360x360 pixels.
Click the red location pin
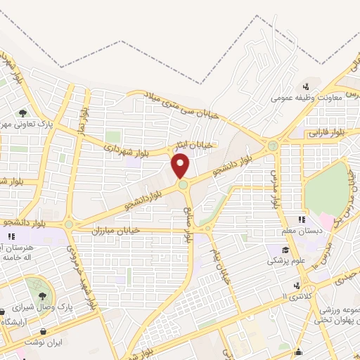pyautogui.click(x=181, y=165)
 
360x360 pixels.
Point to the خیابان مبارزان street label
pyautogui.click(x=116, y=230)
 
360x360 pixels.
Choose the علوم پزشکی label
pyautogui.click(x=285, y=261)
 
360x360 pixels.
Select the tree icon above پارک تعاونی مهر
pyautogui.click(x=24, y=112)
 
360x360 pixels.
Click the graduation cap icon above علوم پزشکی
pyautogui.click(x=285, y=250)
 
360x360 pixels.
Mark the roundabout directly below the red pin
pyautogui.click(x=183, y=185)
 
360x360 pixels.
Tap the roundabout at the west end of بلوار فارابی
pyautogui.click(x=272, y=146)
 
